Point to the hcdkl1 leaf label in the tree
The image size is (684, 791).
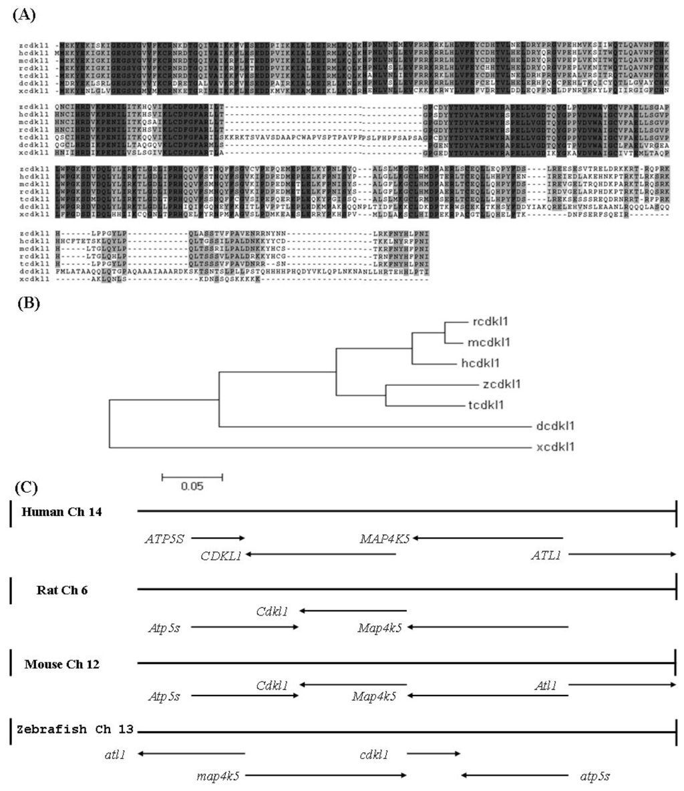click(x=483, y=363)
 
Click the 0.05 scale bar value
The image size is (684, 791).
click(x=192, y=485)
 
